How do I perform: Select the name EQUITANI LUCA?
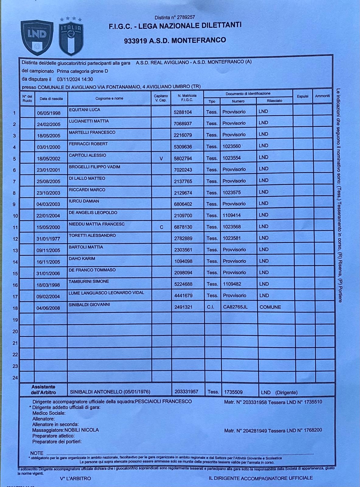(x=85, y=110)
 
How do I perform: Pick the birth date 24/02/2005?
(x=49, y=124)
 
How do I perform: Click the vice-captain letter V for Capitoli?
(x=161, y=159)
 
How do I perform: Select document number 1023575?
(x=232, y=192)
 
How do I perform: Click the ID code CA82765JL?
(x=235, y=307)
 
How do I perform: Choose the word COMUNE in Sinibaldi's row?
(x=270, y=307)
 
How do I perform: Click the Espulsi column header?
(x=302, y=96)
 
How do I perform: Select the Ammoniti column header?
(x=322, y=96)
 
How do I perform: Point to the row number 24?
(x=15, y=378)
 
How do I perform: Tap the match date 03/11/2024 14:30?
(x=75, y=79)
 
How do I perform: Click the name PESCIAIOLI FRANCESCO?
(x=163, y=401)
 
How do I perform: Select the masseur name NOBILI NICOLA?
(x=82, y=430)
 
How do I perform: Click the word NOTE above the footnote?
(x=37, y=453)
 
